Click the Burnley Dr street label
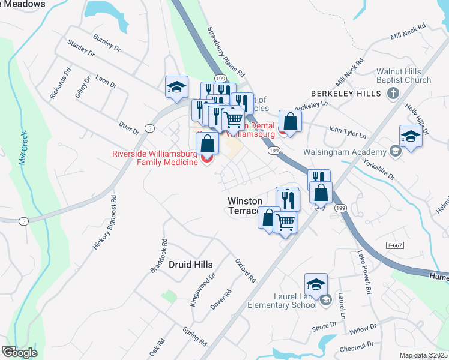(x=107, y=43)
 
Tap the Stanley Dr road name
(x=82, y=48)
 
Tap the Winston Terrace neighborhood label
(x=244, y=206)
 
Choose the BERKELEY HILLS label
(x=346, y=94)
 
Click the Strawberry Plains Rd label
(x=227, y=52)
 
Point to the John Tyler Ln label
(x=347, y=130)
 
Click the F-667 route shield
(x=394, y=245)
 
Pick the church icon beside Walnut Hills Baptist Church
(x=393, y=93)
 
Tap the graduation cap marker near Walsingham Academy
(x=411, y=136)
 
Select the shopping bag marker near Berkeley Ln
(x=290, y=121)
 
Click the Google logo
(x=19, y=353)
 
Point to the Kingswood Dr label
(x=202, y=291)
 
